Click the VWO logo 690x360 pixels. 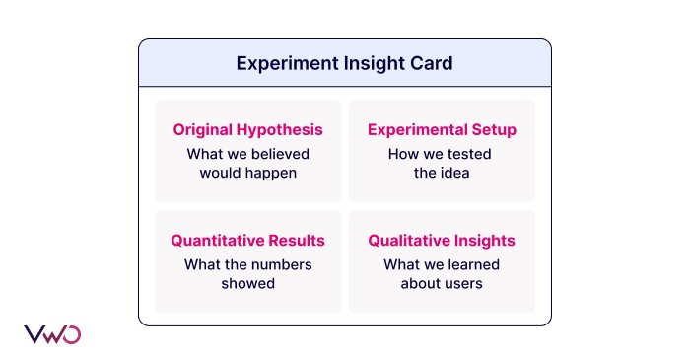click(x=51, y=333)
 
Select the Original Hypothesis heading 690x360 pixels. click(x=247, y=130)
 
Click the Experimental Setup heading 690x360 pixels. click(x=442, y=130)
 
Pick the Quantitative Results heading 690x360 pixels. click(x=247, y=241)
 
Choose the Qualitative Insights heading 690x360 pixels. click(x=442, y=241)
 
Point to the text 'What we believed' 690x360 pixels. click(x=247, y=154)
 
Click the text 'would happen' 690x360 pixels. click(x=247, y=173)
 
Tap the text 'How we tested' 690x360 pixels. click(x=442, y=154)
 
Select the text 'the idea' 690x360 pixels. click(x=442, y=173)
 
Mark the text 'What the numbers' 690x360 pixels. click(x=247, y=264)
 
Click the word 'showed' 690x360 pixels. click(x=247, y=283)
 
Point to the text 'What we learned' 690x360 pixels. click(x=442, y=264)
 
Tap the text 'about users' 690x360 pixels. click(x=442, y=283)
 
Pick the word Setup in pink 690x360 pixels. click(x=493, y=130)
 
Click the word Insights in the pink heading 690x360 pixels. click(x=484, y=241)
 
